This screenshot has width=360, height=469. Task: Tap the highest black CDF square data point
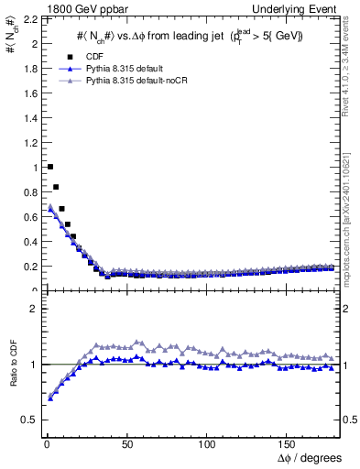tap(49, 167)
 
